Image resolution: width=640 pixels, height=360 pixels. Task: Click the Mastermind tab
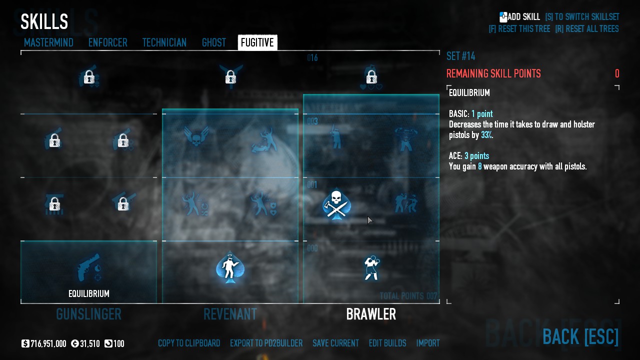[48, 43]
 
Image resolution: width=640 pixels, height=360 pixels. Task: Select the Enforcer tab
[107, 43]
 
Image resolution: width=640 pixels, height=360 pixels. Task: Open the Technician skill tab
[164, 43]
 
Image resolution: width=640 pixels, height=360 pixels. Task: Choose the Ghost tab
[213, 43]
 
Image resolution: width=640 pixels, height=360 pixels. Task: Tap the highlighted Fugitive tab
[257, 43]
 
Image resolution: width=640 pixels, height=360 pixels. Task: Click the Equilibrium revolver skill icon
[88, 269]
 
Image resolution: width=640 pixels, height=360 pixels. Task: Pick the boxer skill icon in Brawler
[371, 267]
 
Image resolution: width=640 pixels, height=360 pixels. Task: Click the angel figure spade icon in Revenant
[230, 267]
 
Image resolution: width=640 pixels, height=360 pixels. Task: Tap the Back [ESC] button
[580, 336]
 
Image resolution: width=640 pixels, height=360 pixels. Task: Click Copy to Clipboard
[189, 343]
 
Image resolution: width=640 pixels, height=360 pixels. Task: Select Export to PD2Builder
[266, 343]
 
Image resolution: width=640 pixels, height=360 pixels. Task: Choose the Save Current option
[335, 343]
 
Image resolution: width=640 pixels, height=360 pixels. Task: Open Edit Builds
[387, 343]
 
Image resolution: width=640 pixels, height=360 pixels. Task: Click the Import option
[428, 343]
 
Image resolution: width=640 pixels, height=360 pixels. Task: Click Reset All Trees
[586, 29]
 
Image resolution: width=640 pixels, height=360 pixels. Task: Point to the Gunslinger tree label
[88, 314]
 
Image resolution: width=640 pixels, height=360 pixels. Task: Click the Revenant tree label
[230, 314]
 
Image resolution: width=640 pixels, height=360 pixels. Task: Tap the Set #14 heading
[460, 56]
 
